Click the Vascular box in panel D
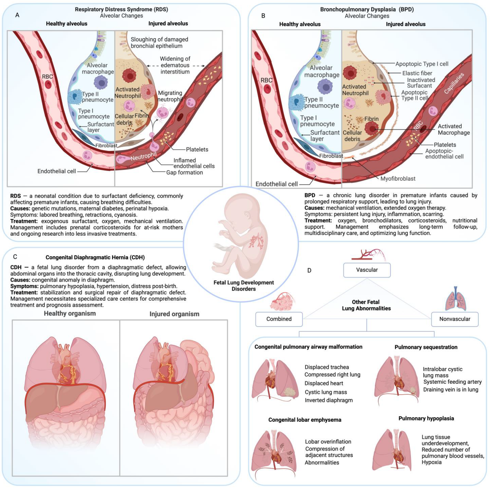coord(367,270)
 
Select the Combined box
coord(279,319)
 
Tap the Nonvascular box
coord(455,319)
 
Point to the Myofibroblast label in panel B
coord(398,179)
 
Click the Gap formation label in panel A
coord(184,173)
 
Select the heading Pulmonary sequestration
coord(426,347)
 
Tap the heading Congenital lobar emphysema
coord(305,420)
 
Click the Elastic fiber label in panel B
coord(417,73)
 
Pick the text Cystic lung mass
coord(326,392)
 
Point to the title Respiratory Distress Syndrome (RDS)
coord(121,9)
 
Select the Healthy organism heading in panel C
coord(70,314)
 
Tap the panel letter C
coord(15,257)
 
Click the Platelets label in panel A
coord(197,149)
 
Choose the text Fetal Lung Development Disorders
coord(244,286)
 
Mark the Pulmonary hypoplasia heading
coord(426,418)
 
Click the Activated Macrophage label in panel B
coord(453,129)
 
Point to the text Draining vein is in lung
coord(451,389)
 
